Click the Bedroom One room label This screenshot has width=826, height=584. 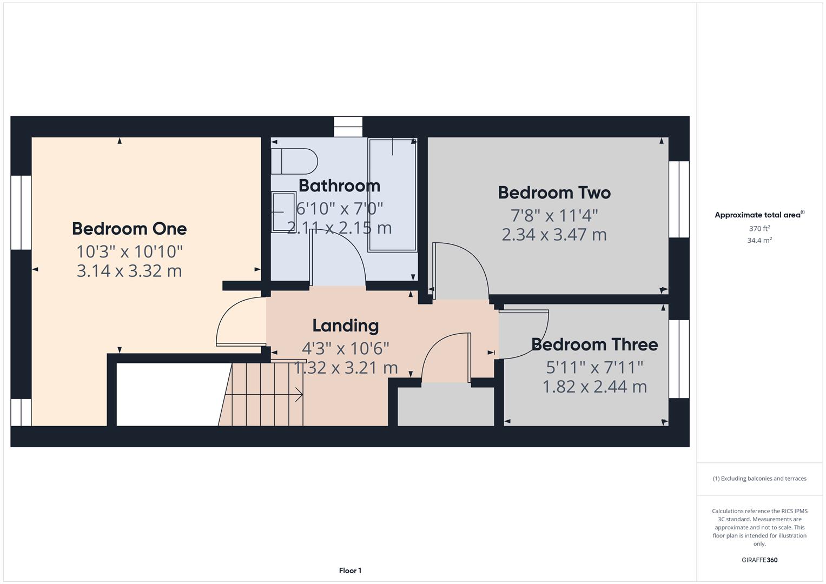[x=129, y=229]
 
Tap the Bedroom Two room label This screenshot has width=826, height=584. [x=554, y=193]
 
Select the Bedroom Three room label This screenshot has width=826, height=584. [x=594, y=344]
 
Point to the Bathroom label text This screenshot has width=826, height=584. [x=339, y=186]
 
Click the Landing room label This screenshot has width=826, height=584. [x=345, y=326]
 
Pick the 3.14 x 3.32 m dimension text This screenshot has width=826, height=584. [x=129, y=271]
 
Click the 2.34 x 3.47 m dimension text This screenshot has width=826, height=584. [x=554, y=235]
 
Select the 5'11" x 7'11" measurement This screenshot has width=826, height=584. [x=594, y=368]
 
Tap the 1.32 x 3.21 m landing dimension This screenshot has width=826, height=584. [x=346, y=368]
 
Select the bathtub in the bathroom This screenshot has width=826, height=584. [x=392, y=195]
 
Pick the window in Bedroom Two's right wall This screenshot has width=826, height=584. [x=679, y=199]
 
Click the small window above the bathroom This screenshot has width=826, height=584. [x=348, y=127]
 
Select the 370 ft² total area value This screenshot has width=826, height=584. [x=759, y=229]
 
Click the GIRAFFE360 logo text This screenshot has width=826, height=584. [x=759, y=560]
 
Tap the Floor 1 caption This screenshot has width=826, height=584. [x=350, y=570]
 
